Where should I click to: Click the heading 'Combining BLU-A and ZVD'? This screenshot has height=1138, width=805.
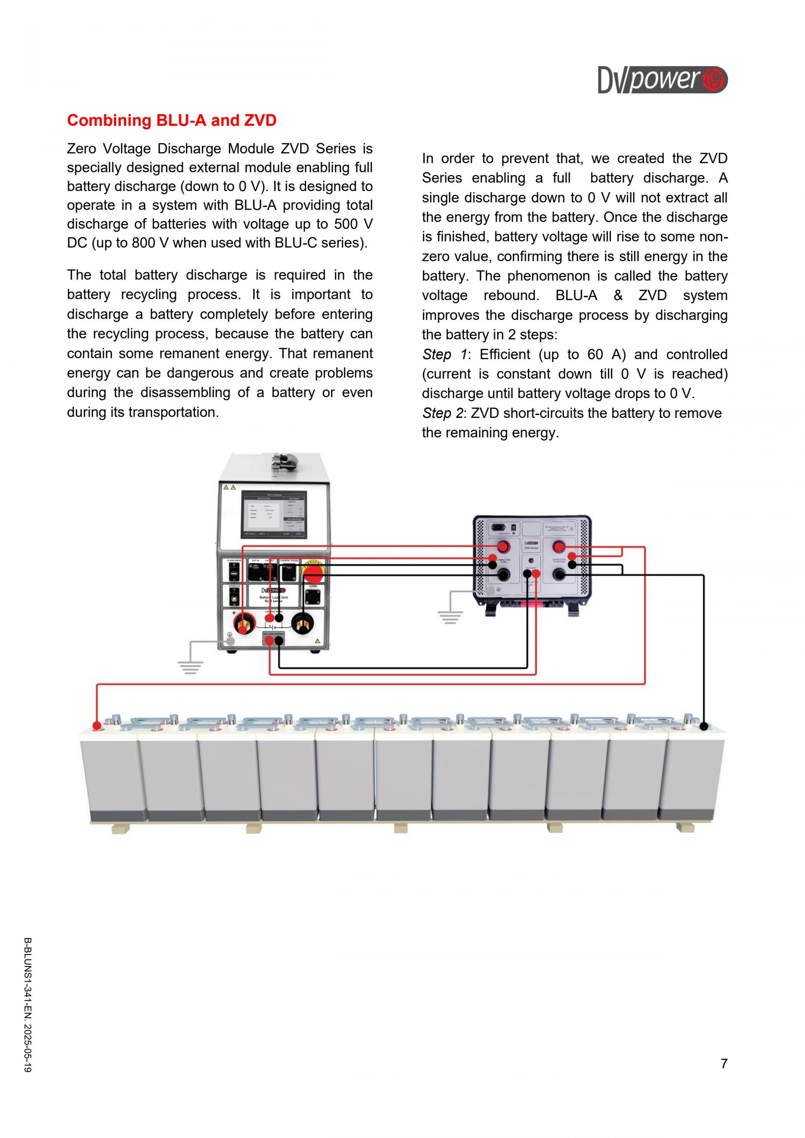(x=171, y=120)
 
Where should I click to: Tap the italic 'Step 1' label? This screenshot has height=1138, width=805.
(x=444, y=354)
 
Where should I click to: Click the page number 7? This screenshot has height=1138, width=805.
(x=724, y=1063)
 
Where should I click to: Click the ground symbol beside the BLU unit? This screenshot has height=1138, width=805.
(x=190, y=667)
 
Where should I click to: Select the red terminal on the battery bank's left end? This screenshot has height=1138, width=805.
(x=97, y=726)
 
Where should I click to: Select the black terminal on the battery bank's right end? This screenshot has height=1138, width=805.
(x=704, y=727)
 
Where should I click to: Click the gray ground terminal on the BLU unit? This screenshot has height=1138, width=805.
(x=230, y=641)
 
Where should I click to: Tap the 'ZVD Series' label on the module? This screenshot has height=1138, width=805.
(x=531, y=548)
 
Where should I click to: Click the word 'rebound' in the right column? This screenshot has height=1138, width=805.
(x=511, y=296)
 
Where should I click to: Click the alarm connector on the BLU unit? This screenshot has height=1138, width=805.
(x=313, y=596)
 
